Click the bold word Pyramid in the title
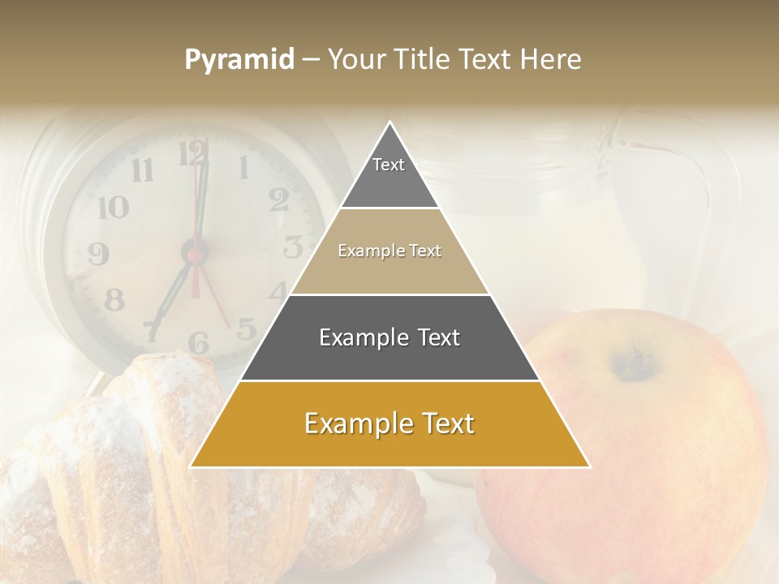coord(239,60)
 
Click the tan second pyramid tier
coord(389,251)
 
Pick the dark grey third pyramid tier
coord(389,337)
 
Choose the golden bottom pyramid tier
coord(389,423)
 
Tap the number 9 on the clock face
coord(98,254)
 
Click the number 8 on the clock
coord(114,301)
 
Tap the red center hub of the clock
coord(196,255)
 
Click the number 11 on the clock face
coord(143,170)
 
